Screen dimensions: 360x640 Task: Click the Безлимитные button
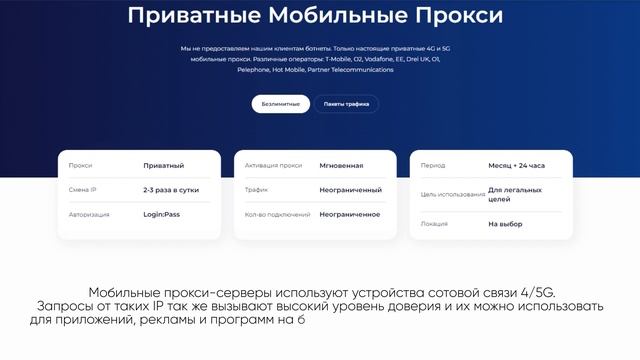coord(280,104)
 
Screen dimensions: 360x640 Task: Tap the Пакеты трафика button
coord(346,104)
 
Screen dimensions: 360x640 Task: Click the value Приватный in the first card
coord(163,165)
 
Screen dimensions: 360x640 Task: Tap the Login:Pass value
coord(161,214)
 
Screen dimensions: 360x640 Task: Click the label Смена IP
coord(82,189)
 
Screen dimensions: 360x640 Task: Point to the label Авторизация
coord(89,214)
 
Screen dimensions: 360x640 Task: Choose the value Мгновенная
coord(341,165)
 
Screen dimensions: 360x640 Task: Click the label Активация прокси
coord(273,165)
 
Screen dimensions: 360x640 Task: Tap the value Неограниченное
coord(350,214)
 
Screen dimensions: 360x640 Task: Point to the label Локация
coord(434,224)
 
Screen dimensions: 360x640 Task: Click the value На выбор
coord(505,224)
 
